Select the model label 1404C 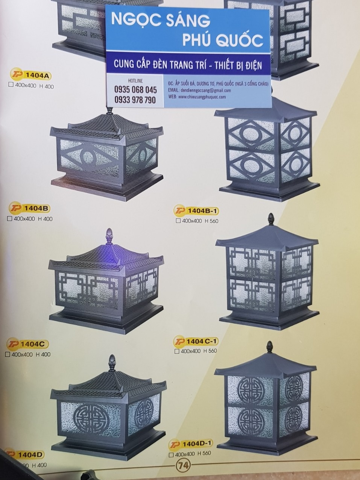pyautogui.click(x=33, y=344)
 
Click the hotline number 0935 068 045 pyautogui.click(x=135, y=90)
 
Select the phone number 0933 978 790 pyautogui.click(x=135, y=100)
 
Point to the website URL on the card pyautogui.click(x=202, y=97)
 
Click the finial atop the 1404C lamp pyautogui.click(x=109, y=235)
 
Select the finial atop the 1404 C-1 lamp pyautogui.click(x=270, y=219)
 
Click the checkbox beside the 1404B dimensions pyautogui.click(x=10, y=219)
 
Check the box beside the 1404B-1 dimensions pyautogui.click(x=178, y=221)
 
